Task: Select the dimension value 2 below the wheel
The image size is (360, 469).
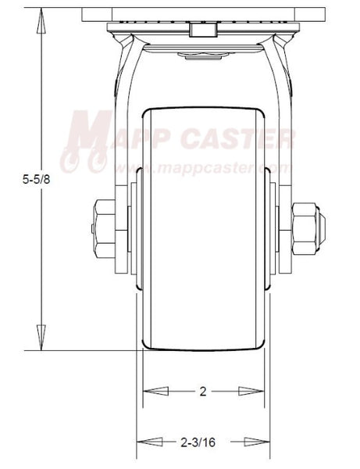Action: click(x=203, y=392)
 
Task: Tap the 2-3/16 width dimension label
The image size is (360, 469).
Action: click(x=203, y=442)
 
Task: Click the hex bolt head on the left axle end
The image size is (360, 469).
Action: click(x=102, y=227)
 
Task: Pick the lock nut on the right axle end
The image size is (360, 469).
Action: click(x=307, y=227)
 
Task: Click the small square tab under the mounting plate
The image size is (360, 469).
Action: click(x=203, y=30)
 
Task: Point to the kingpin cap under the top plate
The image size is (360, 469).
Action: click(x=203, y=55)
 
